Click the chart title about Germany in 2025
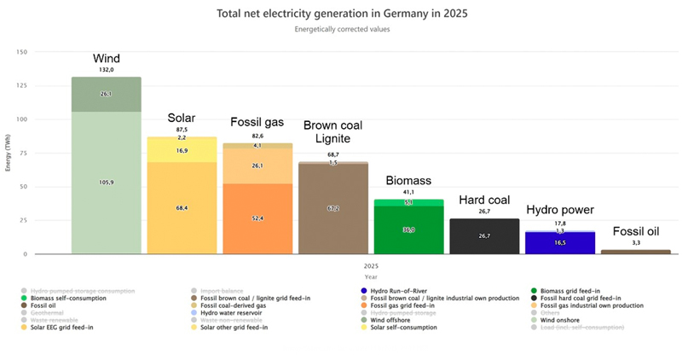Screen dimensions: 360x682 point(341,14)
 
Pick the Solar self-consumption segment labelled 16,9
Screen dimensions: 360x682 point(182,151)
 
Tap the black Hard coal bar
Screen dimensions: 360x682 point(484,236)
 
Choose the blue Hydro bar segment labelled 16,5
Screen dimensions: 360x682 point(559,243)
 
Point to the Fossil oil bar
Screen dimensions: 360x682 point(635,252)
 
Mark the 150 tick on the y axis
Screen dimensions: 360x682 point(22,52)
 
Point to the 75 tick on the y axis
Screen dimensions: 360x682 point(24,153)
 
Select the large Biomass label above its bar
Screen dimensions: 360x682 point(409,181)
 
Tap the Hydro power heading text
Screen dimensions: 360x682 point(560,209)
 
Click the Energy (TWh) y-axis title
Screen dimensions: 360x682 point(9,154)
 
